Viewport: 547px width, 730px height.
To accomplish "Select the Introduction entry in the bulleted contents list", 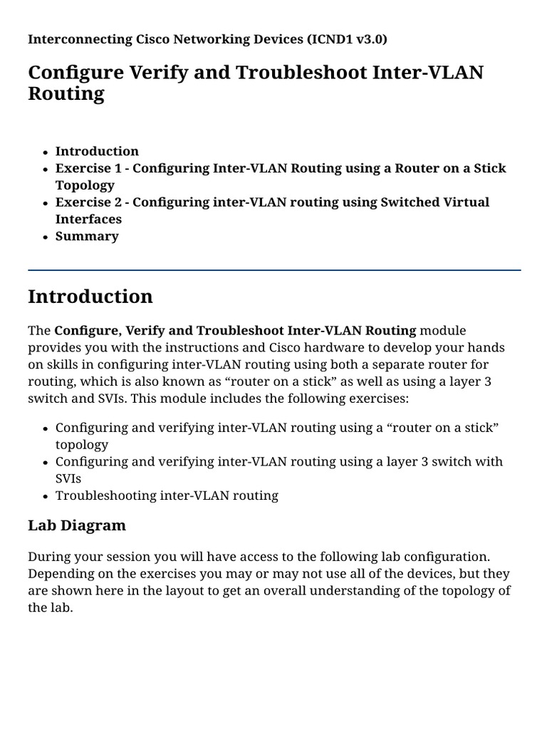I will [x=97, y=151].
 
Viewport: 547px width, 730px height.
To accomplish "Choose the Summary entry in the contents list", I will [x=87, y=236].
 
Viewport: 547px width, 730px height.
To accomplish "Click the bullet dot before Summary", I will [x=45, y=237].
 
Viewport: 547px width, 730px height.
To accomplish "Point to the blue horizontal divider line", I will [x=273, y=270].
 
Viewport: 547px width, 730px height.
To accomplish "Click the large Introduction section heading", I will [x=90, y=297].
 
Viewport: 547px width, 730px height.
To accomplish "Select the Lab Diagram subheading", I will [x=77, y=525].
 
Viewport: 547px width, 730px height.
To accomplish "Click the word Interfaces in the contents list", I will [x=88, y=219].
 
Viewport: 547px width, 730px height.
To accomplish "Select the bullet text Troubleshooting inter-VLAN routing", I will [x=167, y=495].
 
